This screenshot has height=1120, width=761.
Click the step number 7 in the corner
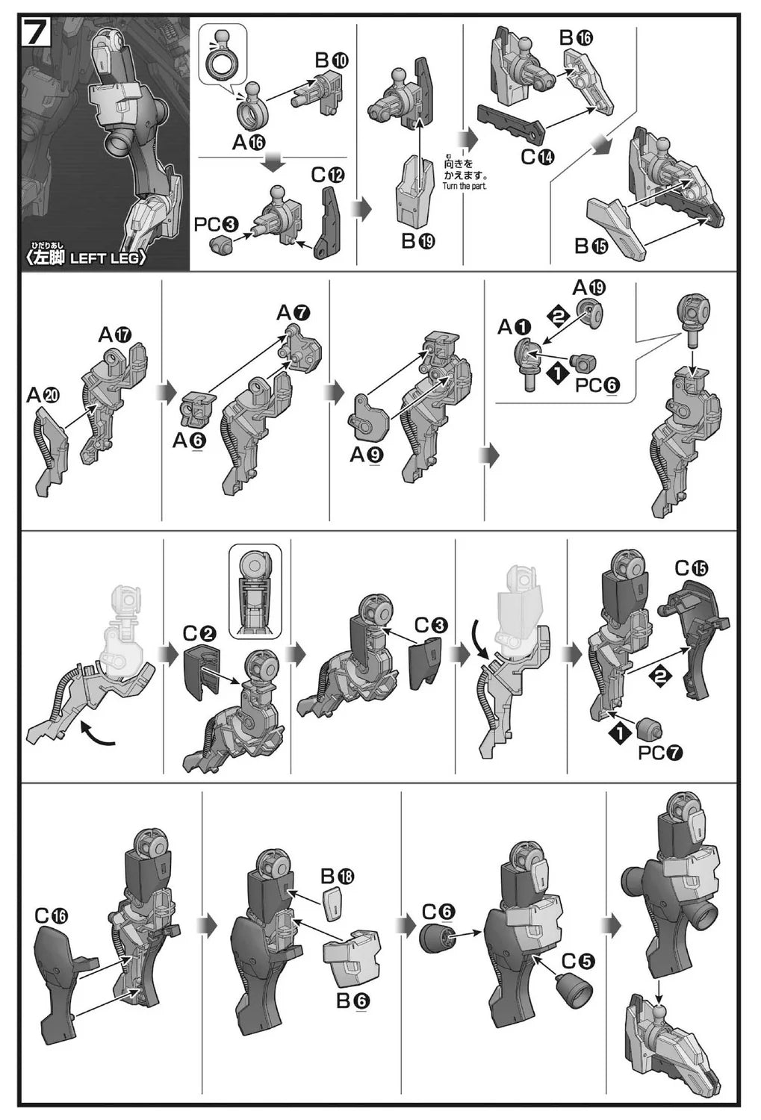(x=36, y=33)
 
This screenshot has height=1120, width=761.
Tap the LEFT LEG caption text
(x=108, y=258)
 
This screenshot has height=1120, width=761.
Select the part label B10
(x=332, y=60)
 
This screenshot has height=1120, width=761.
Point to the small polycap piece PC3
(x=222, y=245)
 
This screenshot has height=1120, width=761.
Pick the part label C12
(x=328, y=175)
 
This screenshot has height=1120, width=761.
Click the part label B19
(x=418, y=241)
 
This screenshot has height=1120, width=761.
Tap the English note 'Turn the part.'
(x=465, y=186)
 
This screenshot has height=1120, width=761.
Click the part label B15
(x=591, y=246)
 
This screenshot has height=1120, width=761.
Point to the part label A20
(x=43, y=396)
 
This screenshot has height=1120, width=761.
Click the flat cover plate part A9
(x=368, y=418)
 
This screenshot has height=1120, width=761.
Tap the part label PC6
(x=597, y=385)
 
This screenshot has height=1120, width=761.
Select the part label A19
(x=589, y=287)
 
